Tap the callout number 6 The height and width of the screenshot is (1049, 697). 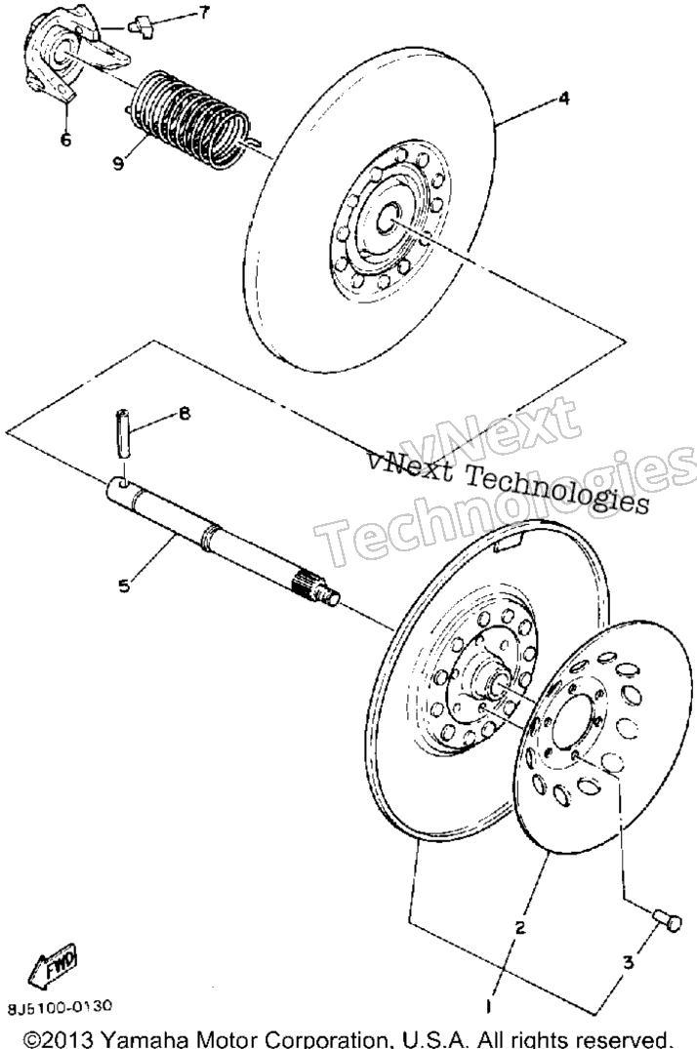click(65, 141)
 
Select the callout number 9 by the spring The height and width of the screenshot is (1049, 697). click(118, 163)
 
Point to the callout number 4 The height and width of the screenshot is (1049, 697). click(564, 99)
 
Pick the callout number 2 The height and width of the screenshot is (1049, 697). click(519, 928)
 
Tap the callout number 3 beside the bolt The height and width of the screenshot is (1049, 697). click(628, 963)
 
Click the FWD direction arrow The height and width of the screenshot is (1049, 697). click(54, 965)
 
